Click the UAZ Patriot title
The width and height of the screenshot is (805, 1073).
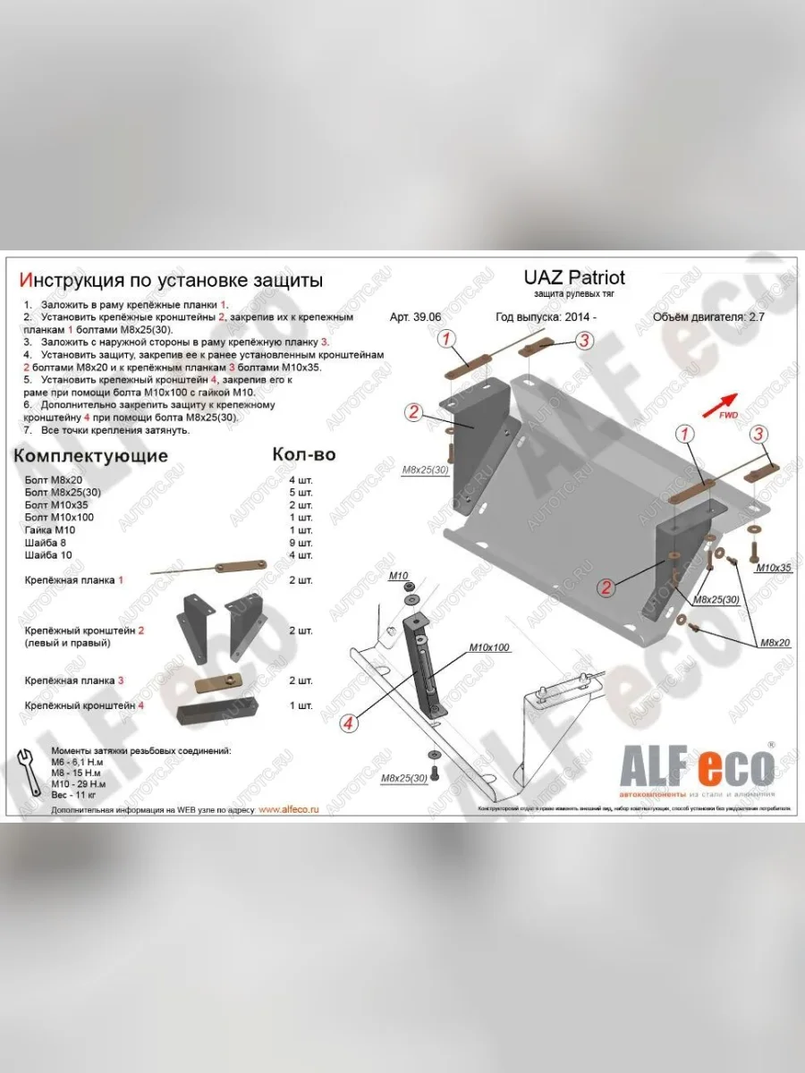[573, 277]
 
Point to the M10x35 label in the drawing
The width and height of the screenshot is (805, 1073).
[774, 568]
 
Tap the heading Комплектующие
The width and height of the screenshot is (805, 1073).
[90, 455]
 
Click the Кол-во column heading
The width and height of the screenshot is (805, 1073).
[303, 454]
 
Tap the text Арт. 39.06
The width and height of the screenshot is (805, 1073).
[417, 317]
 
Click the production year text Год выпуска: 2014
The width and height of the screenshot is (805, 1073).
[546, 317]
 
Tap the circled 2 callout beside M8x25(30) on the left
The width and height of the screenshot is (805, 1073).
[413, 411]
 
